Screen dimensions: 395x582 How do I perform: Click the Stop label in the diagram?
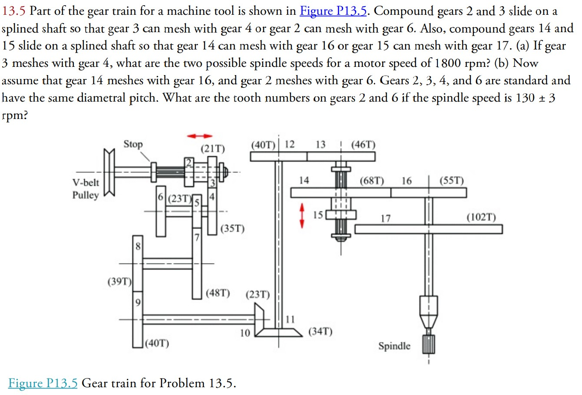pyautogui.click(x=133, y=144)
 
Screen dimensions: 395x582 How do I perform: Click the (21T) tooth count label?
pyautogui.click(x=213, y=149)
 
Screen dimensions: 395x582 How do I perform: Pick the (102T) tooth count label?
pyautogui.click(x=481, y=217)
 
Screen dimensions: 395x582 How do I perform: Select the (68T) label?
pyautogui.click(x=372, y=180)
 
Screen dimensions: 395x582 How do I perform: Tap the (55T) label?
pyautogui.click(x=452, y=180)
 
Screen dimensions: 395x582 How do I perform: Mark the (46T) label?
pyautogui.click(x=363, y=145)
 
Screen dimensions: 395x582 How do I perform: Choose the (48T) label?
pyautogui.click(x=218, y=293)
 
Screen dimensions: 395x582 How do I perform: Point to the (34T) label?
pyautogui.click(x=320, y=332)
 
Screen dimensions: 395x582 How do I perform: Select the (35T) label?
pyautogui.click(x=233, y=228)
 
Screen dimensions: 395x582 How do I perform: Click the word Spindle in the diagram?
pyautogui.click(x=394, y=346)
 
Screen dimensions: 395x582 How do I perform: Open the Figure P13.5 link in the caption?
pyautogui.click(x=43, y=383)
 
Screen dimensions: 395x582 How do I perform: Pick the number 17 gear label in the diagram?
pyautogui.click(x=385, y=218)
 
